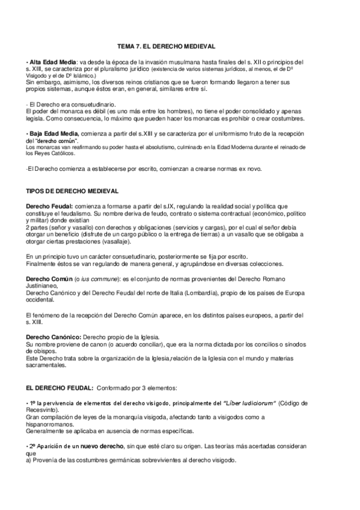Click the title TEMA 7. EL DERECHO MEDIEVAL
[166, 46]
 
